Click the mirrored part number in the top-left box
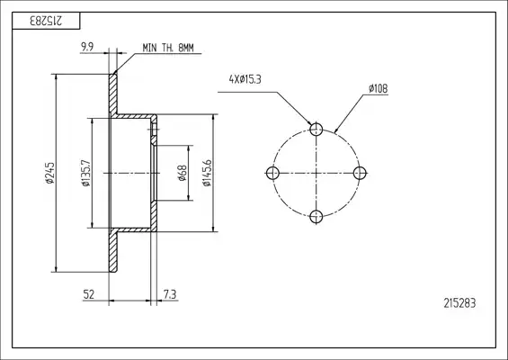click(46, 21)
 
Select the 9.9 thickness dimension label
click(87, 47)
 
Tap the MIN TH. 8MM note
click(168, 48)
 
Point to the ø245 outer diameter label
click(50, 173)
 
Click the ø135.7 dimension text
click(86, 173)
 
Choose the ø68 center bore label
click(183, 173)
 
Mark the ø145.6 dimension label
click(207, 173)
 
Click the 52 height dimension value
click(89, 294)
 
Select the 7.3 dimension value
click(170, 294)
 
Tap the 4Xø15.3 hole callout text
click(245, 79)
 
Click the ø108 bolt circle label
click(379, 88)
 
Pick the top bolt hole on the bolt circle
click(316, 130)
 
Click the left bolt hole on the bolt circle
click(272, 173)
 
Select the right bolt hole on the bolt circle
click(360, 173)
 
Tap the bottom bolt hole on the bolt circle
click(316, 217)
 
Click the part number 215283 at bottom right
click(459, 303)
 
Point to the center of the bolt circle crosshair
click(316, 173)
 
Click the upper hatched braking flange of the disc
click(112, 94)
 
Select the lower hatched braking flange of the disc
click(112, 252)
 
